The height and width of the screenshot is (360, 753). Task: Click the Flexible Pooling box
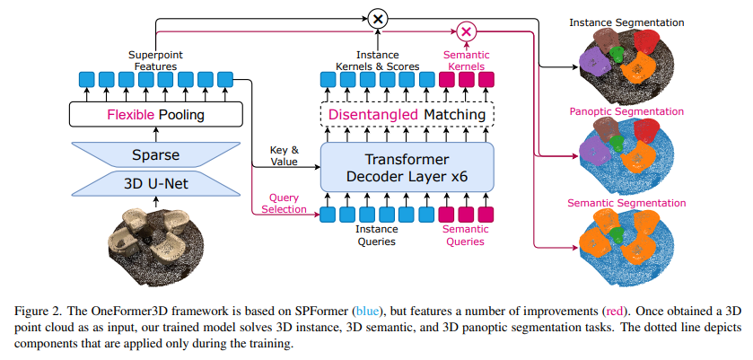pos(155,114)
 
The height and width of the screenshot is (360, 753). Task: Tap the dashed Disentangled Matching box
pos(407,114)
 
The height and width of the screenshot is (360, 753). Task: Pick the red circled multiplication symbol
pos(466,32)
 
